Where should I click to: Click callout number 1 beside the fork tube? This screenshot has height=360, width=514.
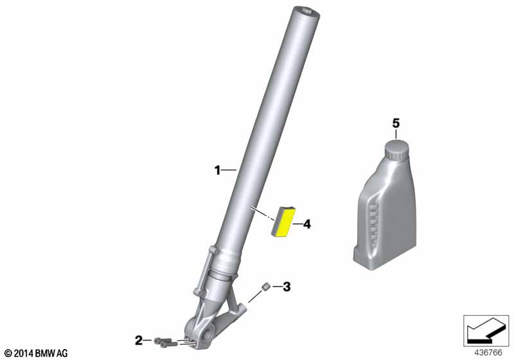coord(217,170)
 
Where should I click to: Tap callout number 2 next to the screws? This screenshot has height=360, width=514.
coord(139,341)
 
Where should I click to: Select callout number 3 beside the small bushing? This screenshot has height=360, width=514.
coord(287,287)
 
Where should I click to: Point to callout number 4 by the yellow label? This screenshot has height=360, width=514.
coord(307,224)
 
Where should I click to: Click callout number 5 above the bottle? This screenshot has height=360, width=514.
coord(396,123)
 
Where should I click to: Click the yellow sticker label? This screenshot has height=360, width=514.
coord(284,222)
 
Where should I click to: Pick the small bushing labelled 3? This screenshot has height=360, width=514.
coord(265,287)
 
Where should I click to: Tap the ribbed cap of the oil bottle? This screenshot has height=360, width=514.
coord(396,150)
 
